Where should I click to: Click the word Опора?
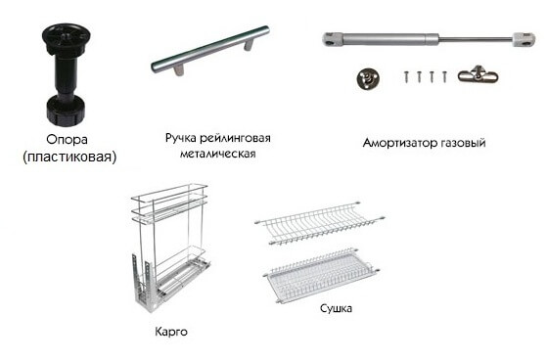click(x=67, y=140)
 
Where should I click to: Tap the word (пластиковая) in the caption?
click(x=69, y=157)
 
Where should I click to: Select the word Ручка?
click(x=181, y=138)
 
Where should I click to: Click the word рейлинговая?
click(x=235, y=138)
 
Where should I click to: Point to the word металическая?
click(x=217, y=154)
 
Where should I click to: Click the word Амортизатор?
click(x=400, y=143)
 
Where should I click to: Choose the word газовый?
click(x=463, y=143)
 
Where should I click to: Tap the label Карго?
click(x=171, y=332)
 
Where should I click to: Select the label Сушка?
click(x=336, y=308)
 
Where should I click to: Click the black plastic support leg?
click(x=66, y=74)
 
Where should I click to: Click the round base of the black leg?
click(x=66, y=112)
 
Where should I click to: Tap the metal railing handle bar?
click(x=210, y=50)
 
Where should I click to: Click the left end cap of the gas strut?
click(x=332, y=39)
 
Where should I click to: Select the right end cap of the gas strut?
click(x=524, y=39)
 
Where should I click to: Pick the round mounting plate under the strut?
click(x=368, y=78)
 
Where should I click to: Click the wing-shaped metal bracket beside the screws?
click(x=478, y=74)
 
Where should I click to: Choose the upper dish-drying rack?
click(x=320, y=222)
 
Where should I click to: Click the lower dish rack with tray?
click(x=321, y=276)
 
